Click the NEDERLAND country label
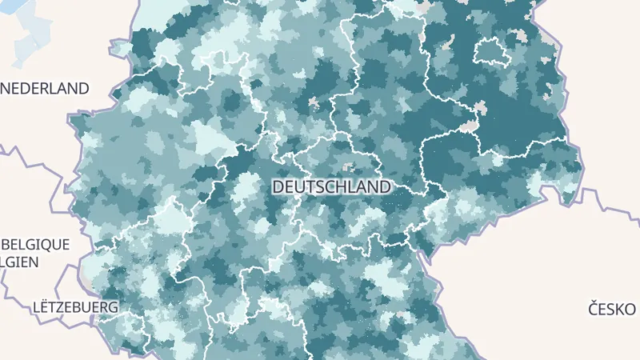coord(44,88)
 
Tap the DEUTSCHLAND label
coord(332,186)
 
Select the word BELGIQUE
coord(36,244)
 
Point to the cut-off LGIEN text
coord(23,261)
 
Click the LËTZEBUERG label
coord(75,307)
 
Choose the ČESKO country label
coord(612,309)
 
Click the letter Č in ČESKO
coord(594,309)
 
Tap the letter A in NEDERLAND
coord(65,88)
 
